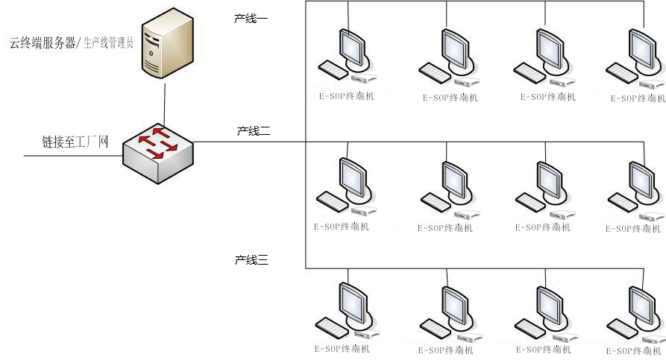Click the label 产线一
coord(251,18)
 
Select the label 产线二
coord(254,131)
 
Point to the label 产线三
coord(251,260)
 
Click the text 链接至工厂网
coord(75,142)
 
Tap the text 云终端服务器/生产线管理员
coord(71,43)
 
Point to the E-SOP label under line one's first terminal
coord(347,97)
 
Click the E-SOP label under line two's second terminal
coord(445,227)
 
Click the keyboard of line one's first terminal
coord(333,70)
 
